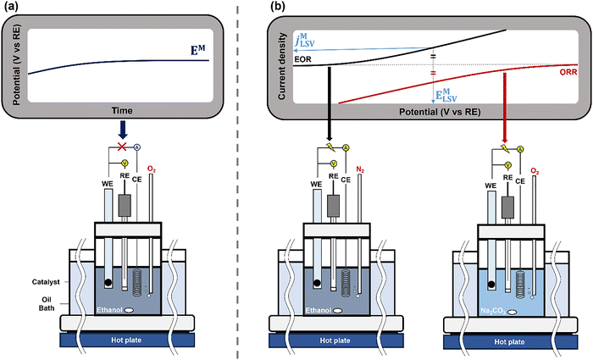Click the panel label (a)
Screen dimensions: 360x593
pyautogui.click(x=14, y=8)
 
